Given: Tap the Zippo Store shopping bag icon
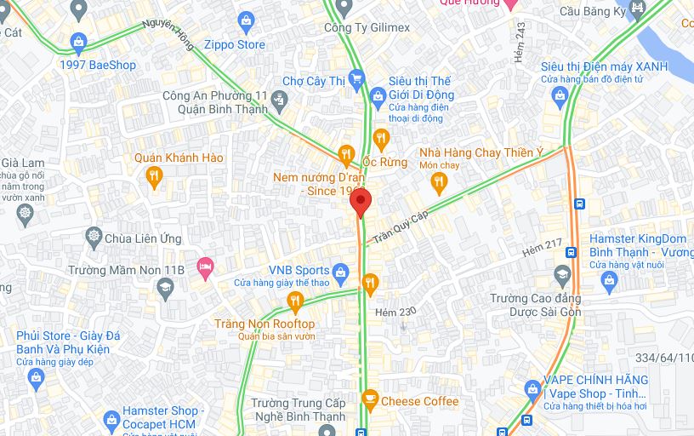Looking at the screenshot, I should point(247,20).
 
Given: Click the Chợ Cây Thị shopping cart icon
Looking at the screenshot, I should point(357,80).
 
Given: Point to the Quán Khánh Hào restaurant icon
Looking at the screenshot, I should point(154,176).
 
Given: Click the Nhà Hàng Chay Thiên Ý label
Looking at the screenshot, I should point(481,153).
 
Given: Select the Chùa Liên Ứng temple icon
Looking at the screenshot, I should point(94,238).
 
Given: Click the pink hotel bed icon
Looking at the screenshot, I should point(204,267).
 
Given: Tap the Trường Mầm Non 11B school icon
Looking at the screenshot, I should point(163,290).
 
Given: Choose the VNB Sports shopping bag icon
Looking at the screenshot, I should point(341,272).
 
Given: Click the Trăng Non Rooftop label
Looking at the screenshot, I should point(265,324).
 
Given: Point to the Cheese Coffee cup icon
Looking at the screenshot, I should point(369,399).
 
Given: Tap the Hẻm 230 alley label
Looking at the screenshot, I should point(395,313).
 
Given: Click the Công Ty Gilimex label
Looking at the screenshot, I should point(367,28).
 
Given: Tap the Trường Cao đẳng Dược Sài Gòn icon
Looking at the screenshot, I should point(561,274).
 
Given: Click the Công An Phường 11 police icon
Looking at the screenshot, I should point(279,103).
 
